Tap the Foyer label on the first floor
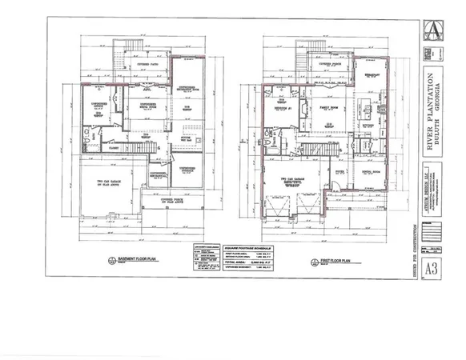(x=339, y=170)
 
